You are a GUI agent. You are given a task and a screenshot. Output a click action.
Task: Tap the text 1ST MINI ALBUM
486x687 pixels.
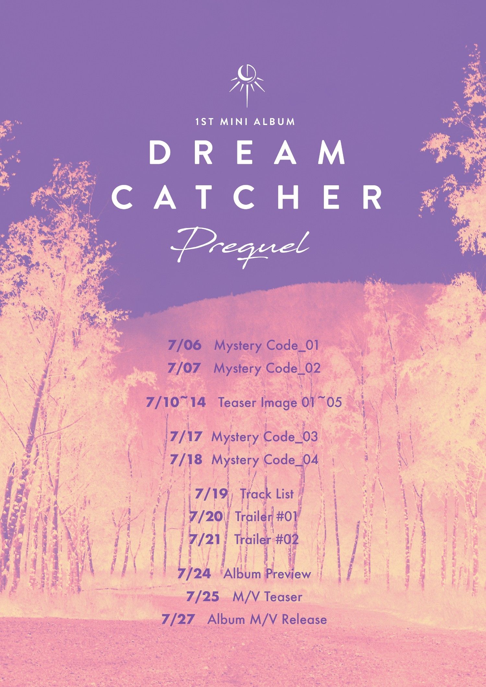pyautogui.click(x=245, y=122)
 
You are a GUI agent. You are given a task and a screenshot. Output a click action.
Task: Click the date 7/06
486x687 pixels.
pyautogui.click(x=184, y=345)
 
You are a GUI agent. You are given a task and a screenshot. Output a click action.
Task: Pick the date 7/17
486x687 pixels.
pyautogui.click(x=186, y=437)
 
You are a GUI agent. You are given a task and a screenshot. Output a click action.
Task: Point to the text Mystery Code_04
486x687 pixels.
pyautogui.click(x=265, y=460)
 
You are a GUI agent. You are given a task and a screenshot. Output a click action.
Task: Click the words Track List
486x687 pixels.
pyautogui.click(x=267, y=494)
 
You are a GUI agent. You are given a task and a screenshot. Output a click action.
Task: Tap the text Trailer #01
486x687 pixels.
pyautogui.click(x=266, y=517)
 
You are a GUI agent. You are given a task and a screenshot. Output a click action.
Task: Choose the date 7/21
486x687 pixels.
pyautogui.click(x=205, y=540)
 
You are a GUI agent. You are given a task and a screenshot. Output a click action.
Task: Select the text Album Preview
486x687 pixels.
pyautogui.click(x=267, y=574)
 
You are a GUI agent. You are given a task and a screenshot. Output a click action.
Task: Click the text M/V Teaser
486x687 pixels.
pyautogui.click(x=267, y=597)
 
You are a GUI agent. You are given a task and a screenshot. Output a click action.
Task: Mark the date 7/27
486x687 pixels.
pyautogui.click(x=178, y=619)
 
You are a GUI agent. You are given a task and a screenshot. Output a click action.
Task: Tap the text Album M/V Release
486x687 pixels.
pyautogui.click(x=267, y=620)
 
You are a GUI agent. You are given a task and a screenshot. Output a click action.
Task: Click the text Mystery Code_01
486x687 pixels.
pyautogui.click(x=267, y=346)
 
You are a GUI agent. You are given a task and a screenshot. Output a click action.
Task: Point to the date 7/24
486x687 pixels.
pyautogui.click(x=194, y=574)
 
